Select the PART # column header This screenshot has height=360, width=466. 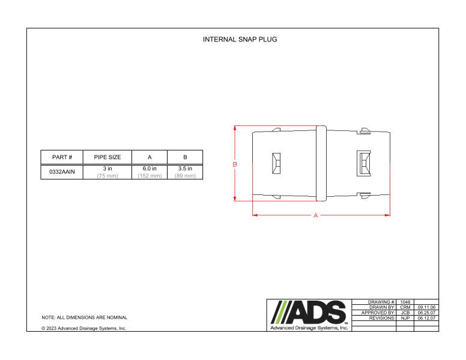(x=62, y=157)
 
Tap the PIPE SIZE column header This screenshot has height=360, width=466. (x=107, y=157)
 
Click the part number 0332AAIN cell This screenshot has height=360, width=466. (x=62, y=172)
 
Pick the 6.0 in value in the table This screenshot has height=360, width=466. (x=150, y=169)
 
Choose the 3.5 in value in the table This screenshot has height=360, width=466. (x=185, y=169)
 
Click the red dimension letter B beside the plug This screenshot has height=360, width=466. (x=235, y=164)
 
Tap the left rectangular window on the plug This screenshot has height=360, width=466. (x=277, y=163)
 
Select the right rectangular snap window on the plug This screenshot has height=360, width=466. (x=363, y=163)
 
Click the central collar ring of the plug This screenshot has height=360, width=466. (x=321, y=163)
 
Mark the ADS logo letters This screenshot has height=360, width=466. (x=309, y=312)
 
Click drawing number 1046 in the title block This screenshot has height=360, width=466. (x=405, y=302)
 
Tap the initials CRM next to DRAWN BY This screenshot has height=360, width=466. (x=405, y=307)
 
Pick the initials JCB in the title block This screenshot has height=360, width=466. (x=405, y=313)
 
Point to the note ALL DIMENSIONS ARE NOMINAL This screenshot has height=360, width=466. (x=84, y=317)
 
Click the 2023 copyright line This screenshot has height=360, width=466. (x=83, y=328)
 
